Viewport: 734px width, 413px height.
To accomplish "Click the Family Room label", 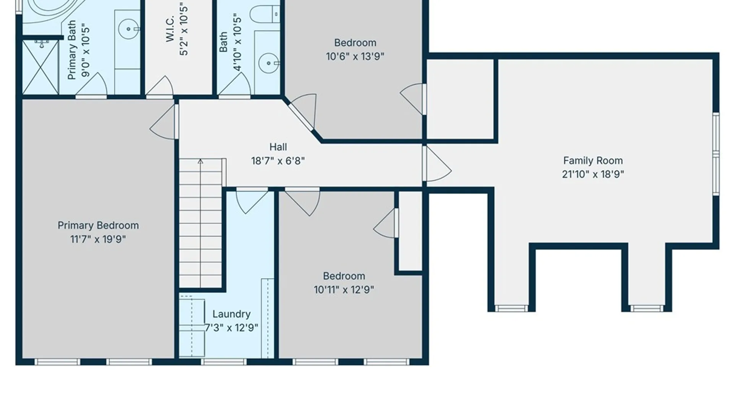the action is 593,161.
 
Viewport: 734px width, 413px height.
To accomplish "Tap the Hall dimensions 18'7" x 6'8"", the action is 278,161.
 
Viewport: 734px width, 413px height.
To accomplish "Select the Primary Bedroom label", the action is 98,226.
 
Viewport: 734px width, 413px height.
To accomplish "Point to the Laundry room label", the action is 231,314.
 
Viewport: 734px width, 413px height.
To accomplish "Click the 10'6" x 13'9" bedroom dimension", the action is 355,57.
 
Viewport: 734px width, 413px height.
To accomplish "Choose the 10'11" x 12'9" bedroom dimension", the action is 344,290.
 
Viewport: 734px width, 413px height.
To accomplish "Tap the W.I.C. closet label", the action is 170,29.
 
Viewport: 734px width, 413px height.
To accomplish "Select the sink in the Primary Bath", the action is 128,29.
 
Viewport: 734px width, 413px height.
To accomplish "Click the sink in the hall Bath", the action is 269,63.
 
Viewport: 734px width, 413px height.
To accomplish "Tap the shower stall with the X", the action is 41,67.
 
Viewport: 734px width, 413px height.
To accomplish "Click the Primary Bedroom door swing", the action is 164,122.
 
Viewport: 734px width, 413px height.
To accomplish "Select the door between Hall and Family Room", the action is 437,164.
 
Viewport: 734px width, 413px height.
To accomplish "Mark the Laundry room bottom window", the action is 224,362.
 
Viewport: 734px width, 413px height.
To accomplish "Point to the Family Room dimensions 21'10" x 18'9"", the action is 593,175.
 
